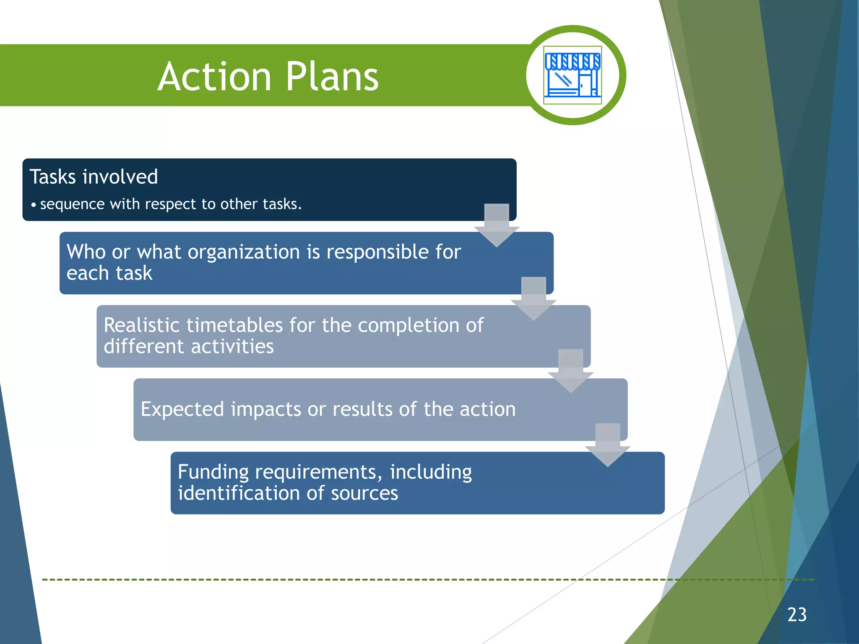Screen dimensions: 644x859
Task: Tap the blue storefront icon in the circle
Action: (x=573, y=75)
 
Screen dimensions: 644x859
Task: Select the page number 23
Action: (x=797, y=615)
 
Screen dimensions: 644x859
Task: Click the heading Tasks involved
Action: (x=94, y=177)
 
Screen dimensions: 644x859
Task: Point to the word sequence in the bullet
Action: (x=72, y=204)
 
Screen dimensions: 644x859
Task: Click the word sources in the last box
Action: (x=364, y=493)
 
